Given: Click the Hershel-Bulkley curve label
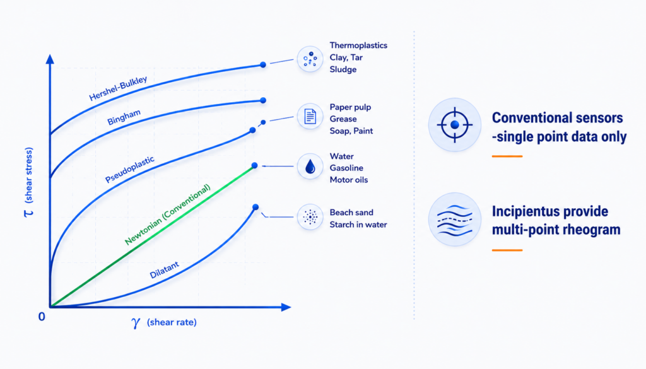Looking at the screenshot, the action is click(x=118, y=88).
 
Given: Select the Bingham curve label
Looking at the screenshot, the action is click(x=124, y=117).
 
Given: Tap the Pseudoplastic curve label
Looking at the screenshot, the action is click(x=130, y=169).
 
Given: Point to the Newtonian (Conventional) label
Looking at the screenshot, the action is click(x=168, y=214).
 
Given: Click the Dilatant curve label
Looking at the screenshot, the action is click(x=165, y=270).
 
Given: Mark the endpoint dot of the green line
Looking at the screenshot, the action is click(x=255, y=165).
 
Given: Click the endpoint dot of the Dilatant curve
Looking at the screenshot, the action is click(x=255, y=207).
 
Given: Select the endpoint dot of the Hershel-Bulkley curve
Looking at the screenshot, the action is click(x=263, y=65).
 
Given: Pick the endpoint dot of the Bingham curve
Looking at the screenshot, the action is click(x=263, y=100).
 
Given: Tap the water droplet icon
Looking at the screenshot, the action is click(x=310, y=167).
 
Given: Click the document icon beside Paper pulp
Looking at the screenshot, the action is click(x=310, y=117).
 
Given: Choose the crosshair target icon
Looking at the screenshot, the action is click(x=455, y=125).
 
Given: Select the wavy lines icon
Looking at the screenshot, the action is click(x=455, y=220).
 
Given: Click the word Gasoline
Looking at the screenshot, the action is click(x=346, y=168).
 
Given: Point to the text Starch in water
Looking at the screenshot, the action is click(x=358, y=225).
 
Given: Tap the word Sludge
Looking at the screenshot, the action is click(x=343, y=69).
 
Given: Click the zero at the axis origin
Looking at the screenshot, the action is click(x=42, y=317).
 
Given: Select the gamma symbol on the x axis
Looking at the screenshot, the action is click(x=136, y=323).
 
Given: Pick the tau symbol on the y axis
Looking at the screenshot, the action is click(x=28, y=213).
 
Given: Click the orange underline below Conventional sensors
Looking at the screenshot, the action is click(x=507, y=156).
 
